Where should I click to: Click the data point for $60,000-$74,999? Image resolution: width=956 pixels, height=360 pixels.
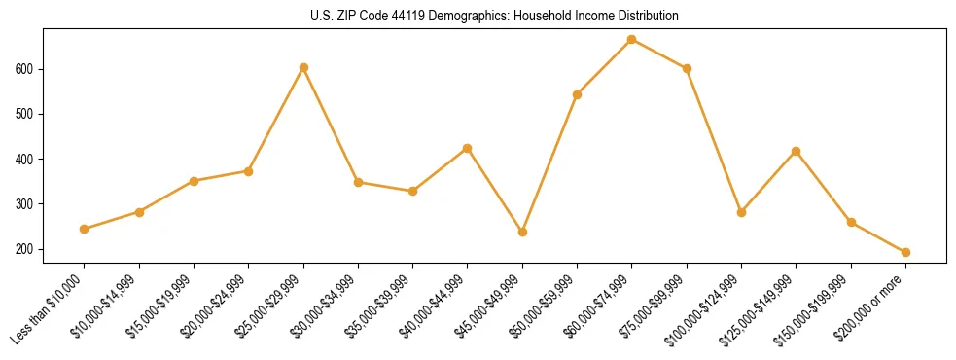632,39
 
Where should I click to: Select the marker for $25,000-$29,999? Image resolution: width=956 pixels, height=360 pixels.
303,67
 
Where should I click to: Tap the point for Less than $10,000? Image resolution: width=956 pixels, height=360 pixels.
85,229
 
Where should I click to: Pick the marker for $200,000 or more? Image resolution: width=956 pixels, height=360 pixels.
905,252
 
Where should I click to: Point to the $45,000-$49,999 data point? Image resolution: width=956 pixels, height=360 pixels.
522,232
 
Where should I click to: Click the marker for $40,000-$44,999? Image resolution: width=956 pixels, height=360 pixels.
468,148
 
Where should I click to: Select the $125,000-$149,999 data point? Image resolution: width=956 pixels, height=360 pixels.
797,151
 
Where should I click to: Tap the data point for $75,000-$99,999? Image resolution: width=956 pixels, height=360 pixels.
687,68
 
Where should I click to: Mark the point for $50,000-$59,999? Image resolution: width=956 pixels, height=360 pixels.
578,94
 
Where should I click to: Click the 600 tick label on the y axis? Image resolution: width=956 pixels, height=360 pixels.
24,69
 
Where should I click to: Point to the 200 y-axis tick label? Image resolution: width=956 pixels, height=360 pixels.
24,249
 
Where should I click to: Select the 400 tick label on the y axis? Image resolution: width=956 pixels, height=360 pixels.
24,159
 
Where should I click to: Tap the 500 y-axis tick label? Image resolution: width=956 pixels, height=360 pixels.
24,114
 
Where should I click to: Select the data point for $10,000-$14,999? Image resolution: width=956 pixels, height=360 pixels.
139,211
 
